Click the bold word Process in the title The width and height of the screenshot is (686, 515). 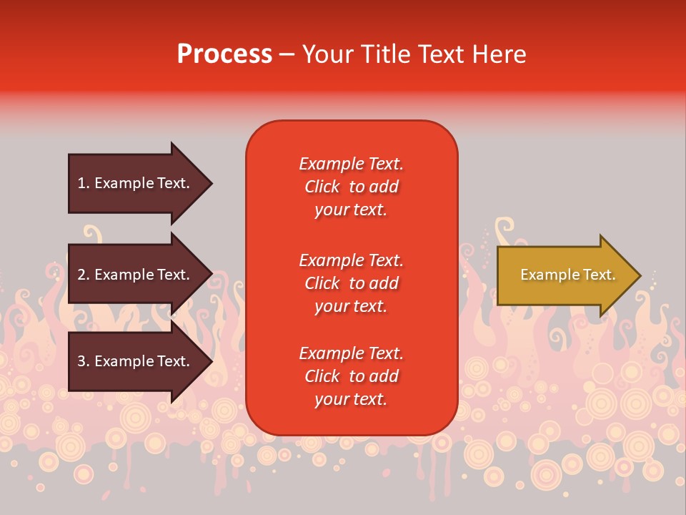pos(224,54)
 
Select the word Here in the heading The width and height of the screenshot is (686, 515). pos(499,54)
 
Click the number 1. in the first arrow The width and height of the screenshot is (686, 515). pos(84,183)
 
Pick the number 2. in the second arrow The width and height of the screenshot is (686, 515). pos(84,275)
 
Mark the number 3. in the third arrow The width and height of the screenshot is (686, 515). pos(84,361)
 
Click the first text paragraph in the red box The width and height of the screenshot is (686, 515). pos(351,187)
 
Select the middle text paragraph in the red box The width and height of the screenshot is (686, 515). pos(351,283)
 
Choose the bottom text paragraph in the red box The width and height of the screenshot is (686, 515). pos(351,376)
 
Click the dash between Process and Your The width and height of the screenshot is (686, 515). pos(287,55)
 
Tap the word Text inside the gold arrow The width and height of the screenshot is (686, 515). pos(599,275)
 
